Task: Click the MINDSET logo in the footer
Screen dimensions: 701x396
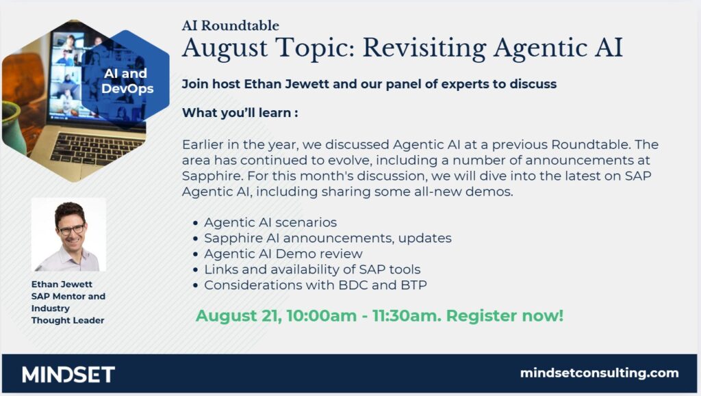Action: pyautogui.click(x=68, y=374)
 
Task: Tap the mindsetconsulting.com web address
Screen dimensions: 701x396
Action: pyautogui.click(x=599, y=373)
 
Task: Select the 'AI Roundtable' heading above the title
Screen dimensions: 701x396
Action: pyautogui.click(x=230, y=25)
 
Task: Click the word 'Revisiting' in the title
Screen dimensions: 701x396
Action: pyautogui.click(x=424, y=48)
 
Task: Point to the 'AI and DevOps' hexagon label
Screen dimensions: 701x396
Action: pyautogui.click(x=127, y=81)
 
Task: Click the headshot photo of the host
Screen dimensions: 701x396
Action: pyautogui.click(x=69, y=235)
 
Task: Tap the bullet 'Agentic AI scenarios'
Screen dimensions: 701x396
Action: pyautogui.click(x=270, y=222)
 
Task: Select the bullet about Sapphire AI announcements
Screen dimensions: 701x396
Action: pyautogui.click(x=328, y=238)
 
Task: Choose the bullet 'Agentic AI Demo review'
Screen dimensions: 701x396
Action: pyautogui.click(x=283, y=254)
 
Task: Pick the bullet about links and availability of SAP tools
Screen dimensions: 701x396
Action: pyautogui.click(x=312, y=269)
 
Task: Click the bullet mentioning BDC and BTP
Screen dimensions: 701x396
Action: pyautogui.click(x=315, y=285)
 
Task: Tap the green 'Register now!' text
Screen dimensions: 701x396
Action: pyautogui.click(x=505, y=316)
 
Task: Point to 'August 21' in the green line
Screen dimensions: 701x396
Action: pyautogui.click(x=238, y=316)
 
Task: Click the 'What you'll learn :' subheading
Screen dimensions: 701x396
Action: pyautogui.click(x=240, y=113)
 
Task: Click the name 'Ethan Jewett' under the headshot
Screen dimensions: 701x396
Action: pyautogui.click(x=62, y=285)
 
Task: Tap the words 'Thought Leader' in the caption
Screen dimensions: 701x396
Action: pyautogui.click(x=68, y=321)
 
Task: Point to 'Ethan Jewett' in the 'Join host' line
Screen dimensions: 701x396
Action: pyautogui.click(x=286, y=84)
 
